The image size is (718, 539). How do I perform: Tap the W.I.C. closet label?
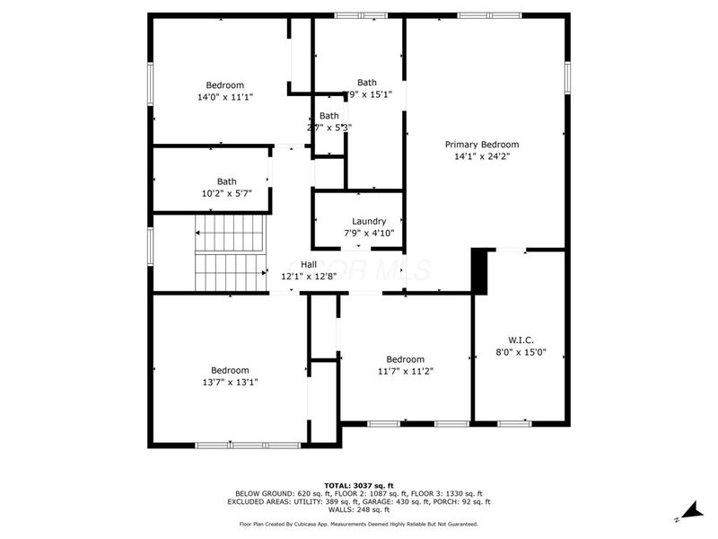pyautogui.click(x=521, y=340)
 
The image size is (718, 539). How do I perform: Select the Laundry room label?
pyautogui.click(x=369, y=221)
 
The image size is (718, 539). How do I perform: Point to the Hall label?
pyautogui.click(x=309, y=264)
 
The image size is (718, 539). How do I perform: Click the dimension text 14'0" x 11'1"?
pyautogui.click(x=225, y=97)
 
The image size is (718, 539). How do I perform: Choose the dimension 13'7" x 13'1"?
pyautogui.click(x=230, y=382)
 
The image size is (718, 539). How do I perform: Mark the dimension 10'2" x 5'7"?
pyautogui.click(x=226, y=192)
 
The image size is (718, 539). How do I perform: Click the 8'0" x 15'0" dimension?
pyautogui.click(x=521, y=352)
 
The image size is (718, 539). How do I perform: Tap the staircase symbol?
pyautogui.click(x=231, y=253)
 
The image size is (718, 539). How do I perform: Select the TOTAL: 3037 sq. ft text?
pyautogui.click(x=358, y=485)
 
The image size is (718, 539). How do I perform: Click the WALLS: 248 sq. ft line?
pyautogui.click(x=358, y=509)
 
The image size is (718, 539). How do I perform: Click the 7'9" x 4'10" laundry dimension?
pyautogui.click(x=369, y=234)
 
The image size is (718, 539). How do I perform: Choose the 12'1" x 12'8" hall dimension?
pyautogui.click(x=309, y=277)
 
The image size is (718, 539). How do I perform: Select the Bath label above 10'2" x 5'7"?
pyautogui.click(x=226, y=181)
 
